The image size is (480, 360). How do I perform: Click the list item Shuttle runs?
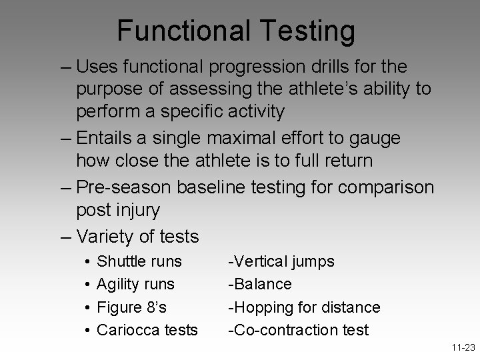point(139,261)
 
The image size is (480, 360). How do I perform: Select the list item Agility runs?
point(135,285)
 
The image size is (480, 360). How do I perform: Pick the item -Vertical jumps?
point(281,261)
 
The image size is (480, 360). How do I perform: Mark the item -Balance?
point(260,285)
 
